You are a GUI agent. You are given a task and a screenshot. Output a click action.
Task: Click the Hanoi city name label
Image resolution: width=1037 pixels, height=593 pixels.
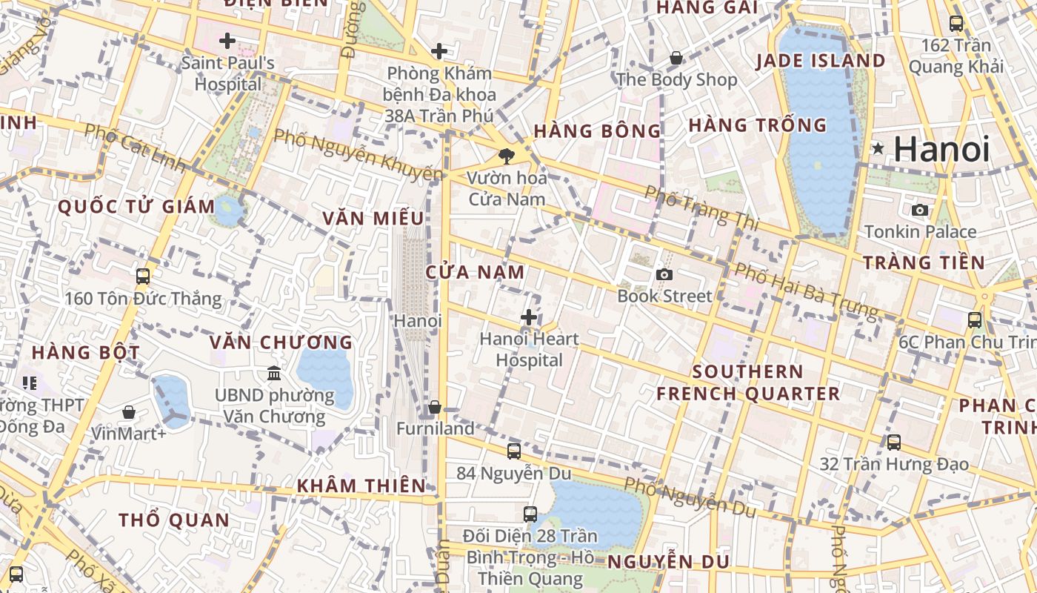tap(941, 150)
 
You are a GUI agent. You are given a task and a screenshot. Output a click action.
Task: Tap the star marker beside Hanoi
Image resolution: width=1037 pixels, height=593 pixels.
tap(878, 148)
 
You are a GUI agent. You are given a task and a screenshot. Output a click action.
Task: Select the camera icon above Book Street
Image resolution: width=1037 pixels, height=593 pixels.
tap(664, 275)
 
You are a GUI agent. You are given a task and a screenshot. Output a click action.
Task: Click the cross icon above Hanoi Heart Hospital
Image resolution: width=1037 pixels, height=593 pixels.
tap(528, 317)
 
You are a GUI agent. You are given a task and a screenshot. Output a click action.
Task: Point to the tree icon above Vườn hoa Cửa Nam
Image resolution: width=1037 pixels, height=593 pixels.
tap(507, 156)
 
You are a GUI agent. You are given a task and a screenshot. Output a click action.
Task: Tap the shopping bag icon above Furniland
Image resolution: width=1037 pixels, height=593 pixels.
tap(435, 407)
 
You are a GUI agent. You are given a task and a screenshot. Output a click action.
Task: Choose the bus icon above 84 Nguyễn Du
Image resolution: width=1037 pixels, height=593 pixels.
tap(513, 451)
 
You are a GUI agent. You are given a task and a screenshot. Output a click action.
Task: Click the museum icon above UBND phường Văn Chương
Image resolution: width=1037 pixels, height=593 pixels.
tap(274, 372)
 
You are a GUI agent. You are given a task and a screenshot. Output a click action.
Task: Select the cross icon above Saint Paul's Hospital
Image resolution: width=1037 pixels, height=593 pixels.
tap(227, 40)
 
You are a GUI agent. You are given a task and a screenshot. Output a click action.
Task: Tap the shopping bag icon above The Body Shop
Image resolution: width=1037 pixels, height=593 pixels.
tap(676, 58)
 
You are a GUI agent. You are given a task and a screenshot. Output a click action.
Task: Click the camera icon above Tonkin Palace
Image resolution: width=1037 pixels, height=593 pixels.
tap(920, 210)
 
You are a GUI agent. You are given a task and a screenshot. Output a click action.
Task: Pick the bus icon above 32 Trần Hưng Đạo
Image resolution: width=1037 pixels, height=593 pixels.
tap(894, 443)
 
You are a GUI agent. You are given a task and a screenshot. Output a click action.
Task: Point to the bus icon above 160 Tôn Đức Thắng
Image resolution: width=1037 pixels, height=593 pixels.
tap(143, 276)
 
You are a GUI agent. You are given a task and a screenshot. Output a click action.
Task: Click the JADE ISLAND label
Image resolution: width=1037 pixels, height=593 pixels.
tap(821, 61)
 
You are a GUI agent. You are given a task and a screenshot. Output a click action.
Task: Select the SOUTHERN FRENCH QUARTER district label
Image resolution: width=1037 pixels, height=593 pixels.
tap(748, 382)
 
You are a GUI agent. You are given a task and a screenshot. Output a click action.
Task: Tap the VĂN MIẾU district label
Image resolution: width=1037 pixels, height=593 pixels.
tap(373, 218)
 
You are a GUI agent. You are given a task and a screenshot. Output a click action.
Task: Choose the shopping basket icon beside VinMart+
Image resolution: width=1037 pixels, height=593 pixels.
tap(129, 412)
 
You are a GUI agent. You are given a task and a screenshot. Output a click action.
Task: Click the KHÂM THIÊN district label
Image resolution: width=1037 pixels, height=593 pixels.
tap(361, 486)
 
